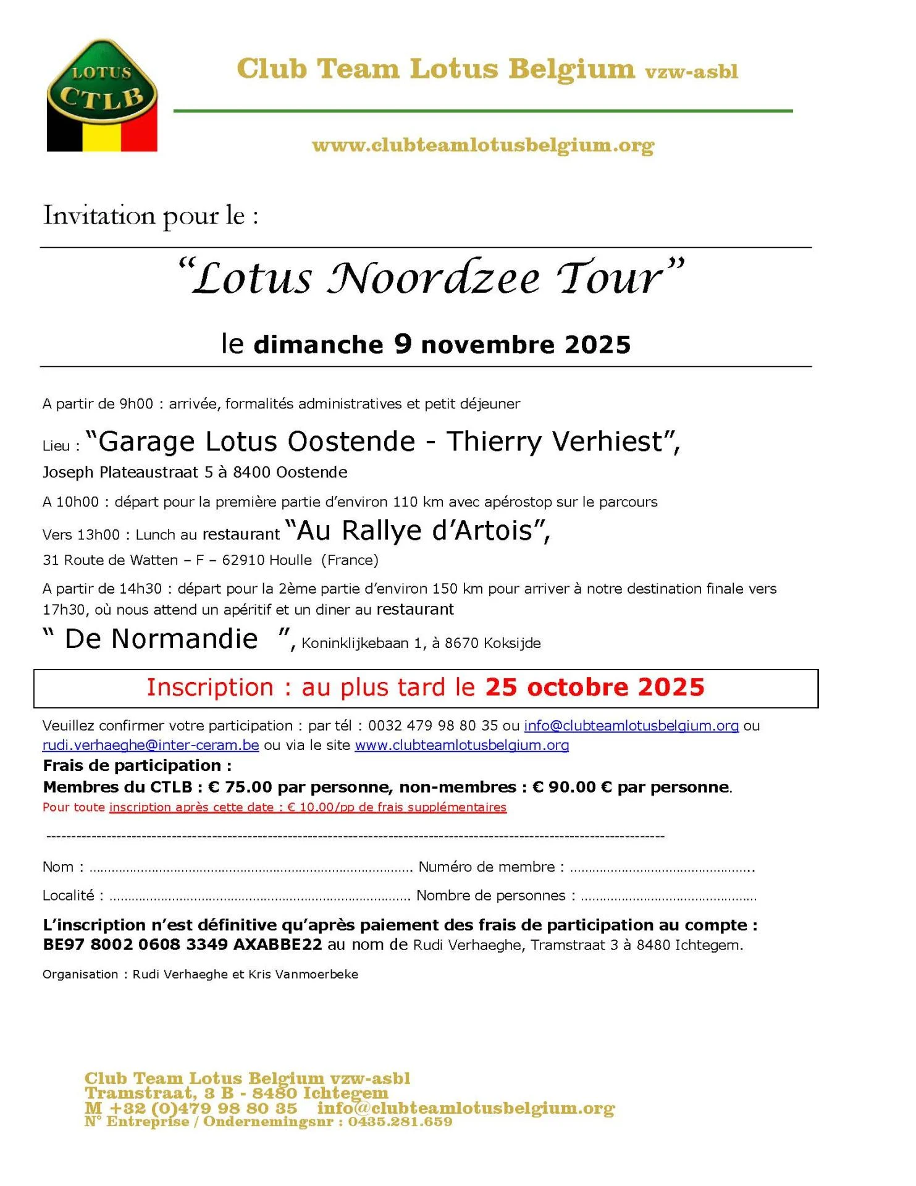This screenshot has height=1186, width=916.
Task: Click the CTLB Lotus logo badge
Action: [102, 96]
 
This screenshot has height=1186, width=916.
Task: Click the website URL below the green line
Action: [482, 146]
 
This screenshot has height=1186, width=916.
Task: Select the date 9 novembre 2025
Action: [513, 345]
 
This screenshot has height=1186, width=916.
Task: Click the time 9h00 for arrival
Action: [136, 404]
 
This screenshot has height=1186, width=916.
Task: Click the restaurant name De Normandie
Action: [161, 639]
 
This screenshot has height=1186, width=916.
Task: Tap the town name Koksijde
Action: [512, 644]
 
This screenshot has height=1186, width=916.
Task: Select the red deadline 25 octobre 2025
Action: [594, 688]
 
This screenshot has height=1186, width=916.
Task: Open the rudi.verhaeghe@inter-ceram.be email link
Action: [151, 746]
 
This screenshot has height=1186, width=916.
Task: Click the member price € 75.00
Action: [240, 788]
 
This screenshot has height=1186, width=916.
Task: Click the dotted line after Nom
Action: [250, 868]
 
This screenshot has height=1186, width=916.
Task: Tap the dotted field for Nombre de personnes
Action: [668, 896]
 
